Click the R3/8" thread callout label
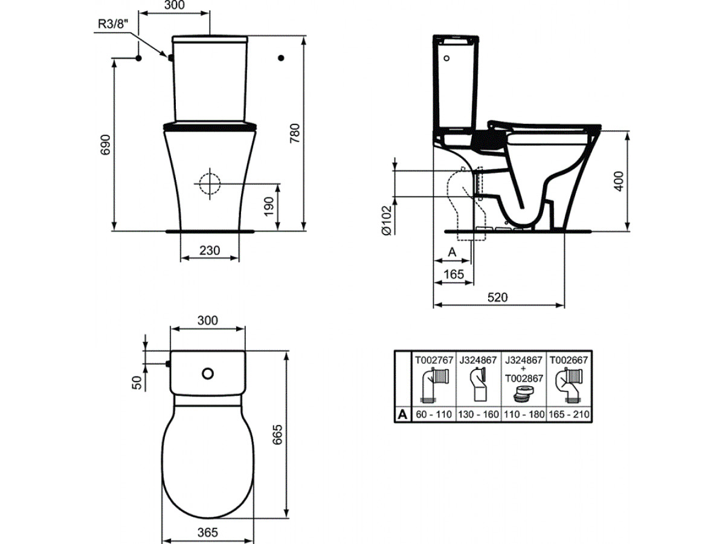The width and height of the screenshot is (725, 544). (x=113, y=24)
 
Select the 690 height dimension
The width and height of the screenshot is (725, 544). (x=105, y=144)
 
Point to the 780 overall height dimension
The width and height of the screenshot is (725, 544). (x=295, y=133)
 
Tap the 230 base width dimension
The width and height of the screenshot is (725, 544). (x=210, y=250)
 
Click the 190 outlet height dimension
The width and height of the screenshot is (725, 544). (x=269, y=207)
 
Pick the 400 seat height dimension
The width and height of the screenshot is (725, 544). (x=619, y=181)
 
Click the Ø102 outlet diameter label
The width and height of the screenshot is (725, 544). (x=387, y=220)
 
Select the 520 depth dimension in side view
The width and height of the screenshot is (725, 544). (x=497, y=297)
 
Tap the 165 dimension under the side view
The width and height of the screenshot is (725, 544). (x=454, y=274)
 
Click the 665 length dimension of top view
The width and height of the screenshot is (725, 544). (x=277, y=435)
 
